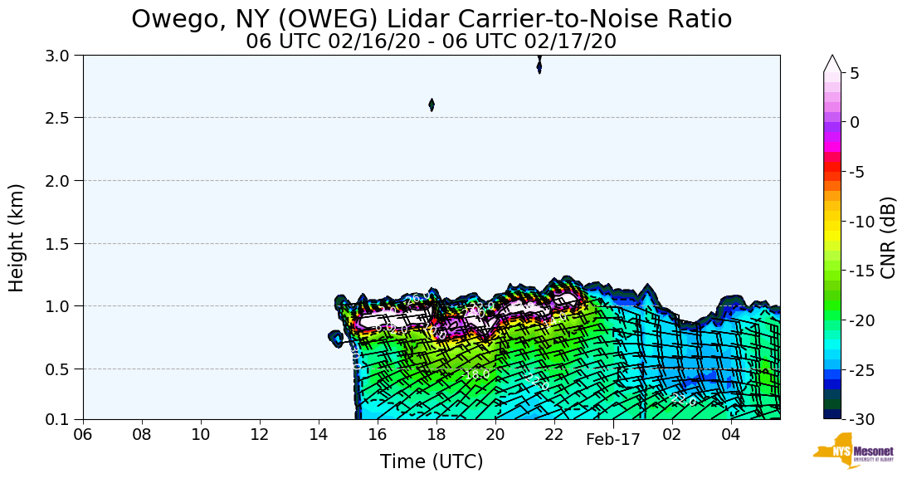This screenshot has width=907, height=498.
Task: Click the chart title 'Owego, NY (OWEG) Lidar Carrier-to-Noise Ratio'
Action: tap(432, 19)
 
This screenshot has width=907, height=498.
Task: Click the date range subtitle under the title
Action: tap(432, 41)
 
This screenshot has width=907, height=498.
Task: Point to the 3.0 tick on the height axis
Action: tap(63, 55)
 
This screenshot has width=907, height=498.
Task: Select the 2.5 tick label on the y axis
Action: tap(63, 118)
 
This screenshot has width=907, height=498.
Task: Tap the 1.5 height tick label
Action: tap(63, 243)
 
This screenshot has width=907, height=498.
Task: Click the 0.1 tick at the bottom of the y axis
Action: tap(63, 419)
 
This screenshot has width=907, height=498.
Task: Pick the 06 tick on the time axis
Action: tap(83, 434)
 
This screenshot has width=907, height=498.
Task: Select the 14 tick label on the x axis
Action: tap(319, 434)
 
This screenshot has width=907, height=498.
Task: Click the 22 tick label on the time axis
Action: tap(554, 434)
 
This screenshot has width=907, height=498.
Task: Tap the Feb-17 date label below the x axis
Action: tap(613, 440)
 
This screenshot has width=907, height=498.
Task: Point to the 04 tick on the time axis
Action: tap(730, 434)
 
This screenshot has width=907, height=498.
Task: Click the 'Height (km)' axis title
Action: tap(17, 237)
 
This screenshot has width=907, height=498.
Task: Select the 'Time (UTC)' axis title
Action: tap(432, 461)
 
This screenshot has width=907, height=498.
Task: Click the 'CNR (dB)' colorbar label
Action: tap(888, 237)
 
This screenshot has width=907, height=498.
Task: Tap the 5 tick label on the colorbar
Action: tap(855, 73)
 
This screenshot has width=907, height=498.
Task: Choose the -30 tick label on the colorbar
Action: tap(861, 419)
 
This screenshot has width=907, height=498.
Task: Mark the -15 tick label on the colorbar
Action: tap(861, 271)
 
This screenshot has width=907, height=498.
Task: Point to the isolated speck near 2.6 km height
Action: tap(432, 105)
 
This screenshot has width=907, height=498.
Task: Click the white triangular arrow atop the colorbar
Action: tap(832, 63)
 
